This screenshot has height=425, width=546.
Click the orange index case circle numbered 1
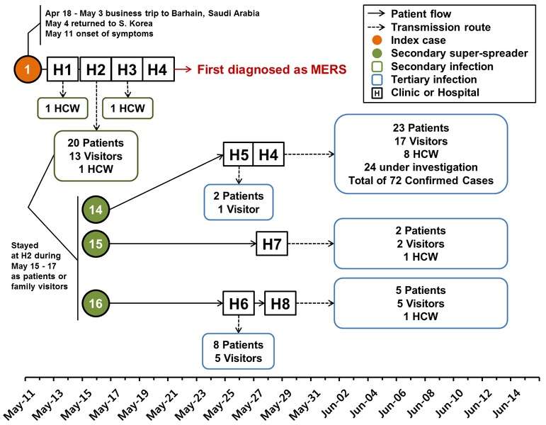(x=28, y=69)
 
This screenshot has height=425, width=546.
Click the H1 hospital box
(x=63, y=69)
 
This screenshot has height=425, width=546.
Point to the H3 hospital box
(x=127, y=69)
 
